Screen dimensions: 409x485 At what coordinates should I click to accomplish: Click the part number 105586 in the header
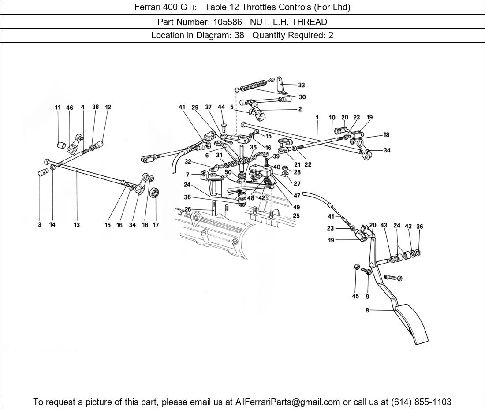coord(229,22)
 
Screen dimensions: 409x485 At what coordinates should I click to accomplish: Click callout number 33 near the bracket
coord(301,86)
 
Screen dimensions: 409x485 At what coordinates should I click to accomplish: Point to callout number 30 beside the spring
coord(302,97)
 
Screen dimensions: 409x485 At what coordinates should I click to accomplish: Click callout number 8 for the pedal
coord(367,310)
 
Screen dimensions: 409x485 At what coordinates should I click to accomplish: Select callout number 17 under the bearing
coord(156,225)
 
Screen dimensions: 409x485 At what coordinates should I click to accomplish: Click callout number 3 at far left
coord(39,225)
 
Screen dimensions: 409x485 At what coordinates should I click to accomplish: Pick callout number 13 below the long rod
coord(77,225)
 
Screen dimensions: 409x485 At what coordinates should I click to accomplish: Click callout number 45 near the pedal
coord(355,297)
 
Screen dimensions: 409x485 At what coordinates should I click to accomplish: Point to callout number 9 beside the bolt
coord(367,297)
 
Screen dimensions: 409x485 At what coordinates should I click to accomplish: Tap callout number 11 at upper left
coord(58,107)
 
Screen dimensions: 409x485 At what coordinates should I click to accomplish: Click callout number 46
coord(70,107)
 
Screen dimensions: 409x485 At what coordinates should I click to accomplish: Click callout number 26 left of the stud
coord(188,209)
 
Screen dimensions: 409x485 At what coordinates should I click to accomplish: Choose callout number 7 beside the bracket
coord(187,175)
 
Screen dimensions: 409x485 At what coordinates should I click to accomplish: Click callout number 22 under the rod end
coord(308,165)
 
